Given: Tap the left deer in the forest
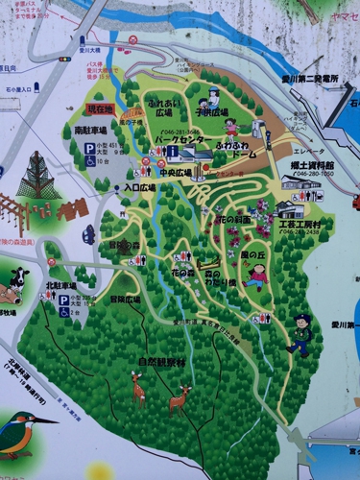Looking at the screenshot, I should (x=139, y=388).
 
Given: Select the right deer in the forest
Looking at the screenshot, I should (x=180, y=397).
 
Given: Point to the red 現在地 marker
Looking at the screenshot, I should (x=101, y=109).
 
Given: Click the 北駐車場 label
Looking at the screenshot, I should (x=62, y=284).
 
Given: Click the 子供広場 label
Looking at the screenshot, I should (x=213, y=111).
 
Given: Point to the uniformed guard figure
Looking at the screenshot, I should (x=301, y=333).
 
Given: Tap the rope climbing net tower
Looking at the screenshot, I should (x=37, y=178).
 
